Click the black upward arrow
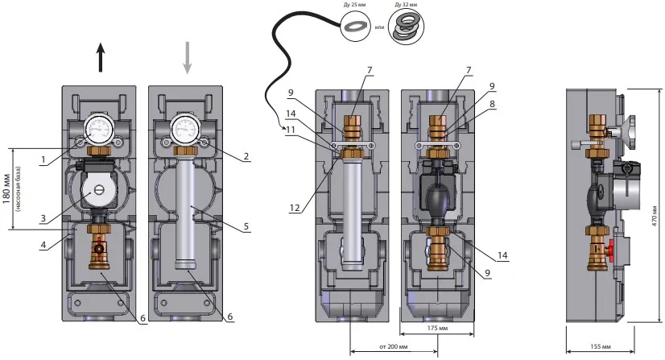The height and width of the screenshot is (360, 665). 101,59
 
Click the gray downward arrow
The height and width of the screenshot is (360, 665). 188,59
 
